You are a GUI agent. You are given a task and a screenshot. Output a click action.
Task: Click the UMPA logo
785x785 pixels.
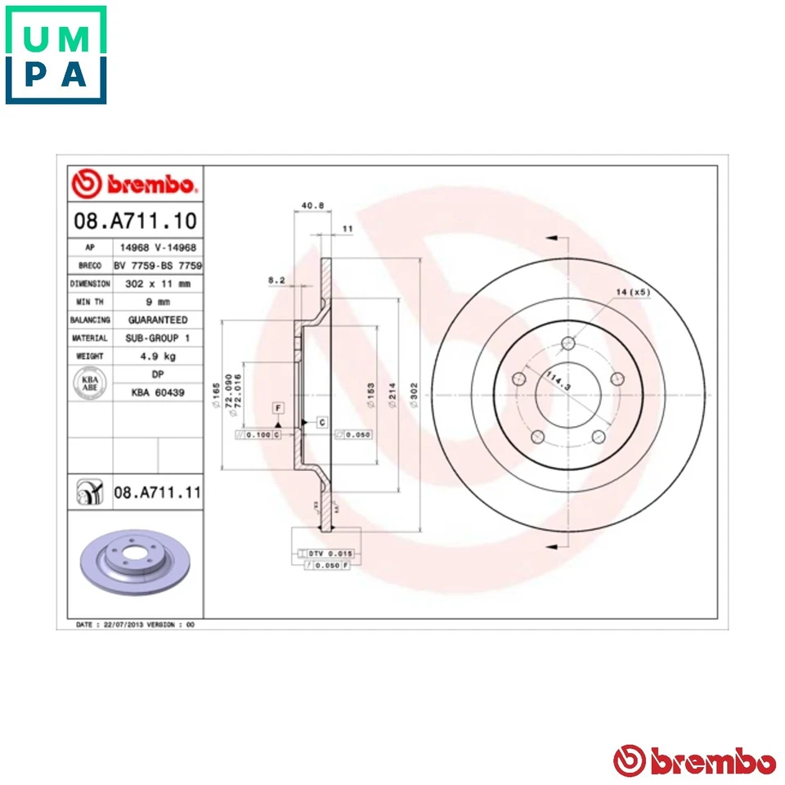point(56,55)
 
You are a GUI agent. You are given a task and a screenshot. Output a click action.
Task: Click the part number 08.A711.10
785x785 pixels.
point(135,221)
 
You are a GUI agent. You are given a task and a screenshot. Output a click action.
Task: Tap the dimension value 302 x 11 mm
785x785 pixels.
point(157,284)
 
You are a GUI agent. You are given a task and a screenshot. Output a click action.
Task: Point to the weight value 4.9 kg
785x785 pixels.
point(157,357)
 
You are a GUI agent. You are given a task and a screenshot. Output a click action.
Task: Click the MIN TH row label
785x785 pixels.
point(89,302)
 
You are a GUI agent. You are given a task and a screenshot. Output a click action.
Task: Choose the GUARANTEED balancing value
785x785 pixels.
point(157,320)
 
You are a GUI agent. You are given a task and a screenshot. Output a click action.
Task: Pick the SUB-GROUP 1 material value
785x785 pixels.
point(157,338)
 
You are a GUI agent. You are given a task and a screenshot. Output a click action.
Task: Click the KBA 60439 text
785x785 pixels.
point(157,392)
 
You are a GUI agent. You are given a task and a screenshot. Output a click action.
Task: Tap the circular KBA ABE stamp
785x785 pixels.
point(89,383)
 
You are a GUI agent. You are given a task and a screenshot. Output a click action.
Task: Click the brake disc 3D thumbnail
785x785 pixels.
point(135,563)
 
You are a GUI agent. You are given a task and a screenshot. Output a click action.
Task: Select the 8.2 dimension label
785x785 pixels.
point(276,280)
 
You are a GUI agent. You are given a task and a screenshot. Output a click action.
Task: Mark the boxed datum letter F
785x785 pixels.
point(278,407)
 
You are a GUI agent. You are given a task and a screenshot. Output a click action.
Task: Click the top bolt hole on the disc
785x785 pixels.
point(568,343)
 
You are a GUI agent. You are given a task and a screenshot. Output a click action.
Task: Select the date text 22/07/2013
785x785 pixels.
point(121,624)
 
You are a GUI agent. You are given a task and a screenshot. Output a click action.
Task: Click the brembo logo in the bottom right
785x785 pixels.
point(694,761)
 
